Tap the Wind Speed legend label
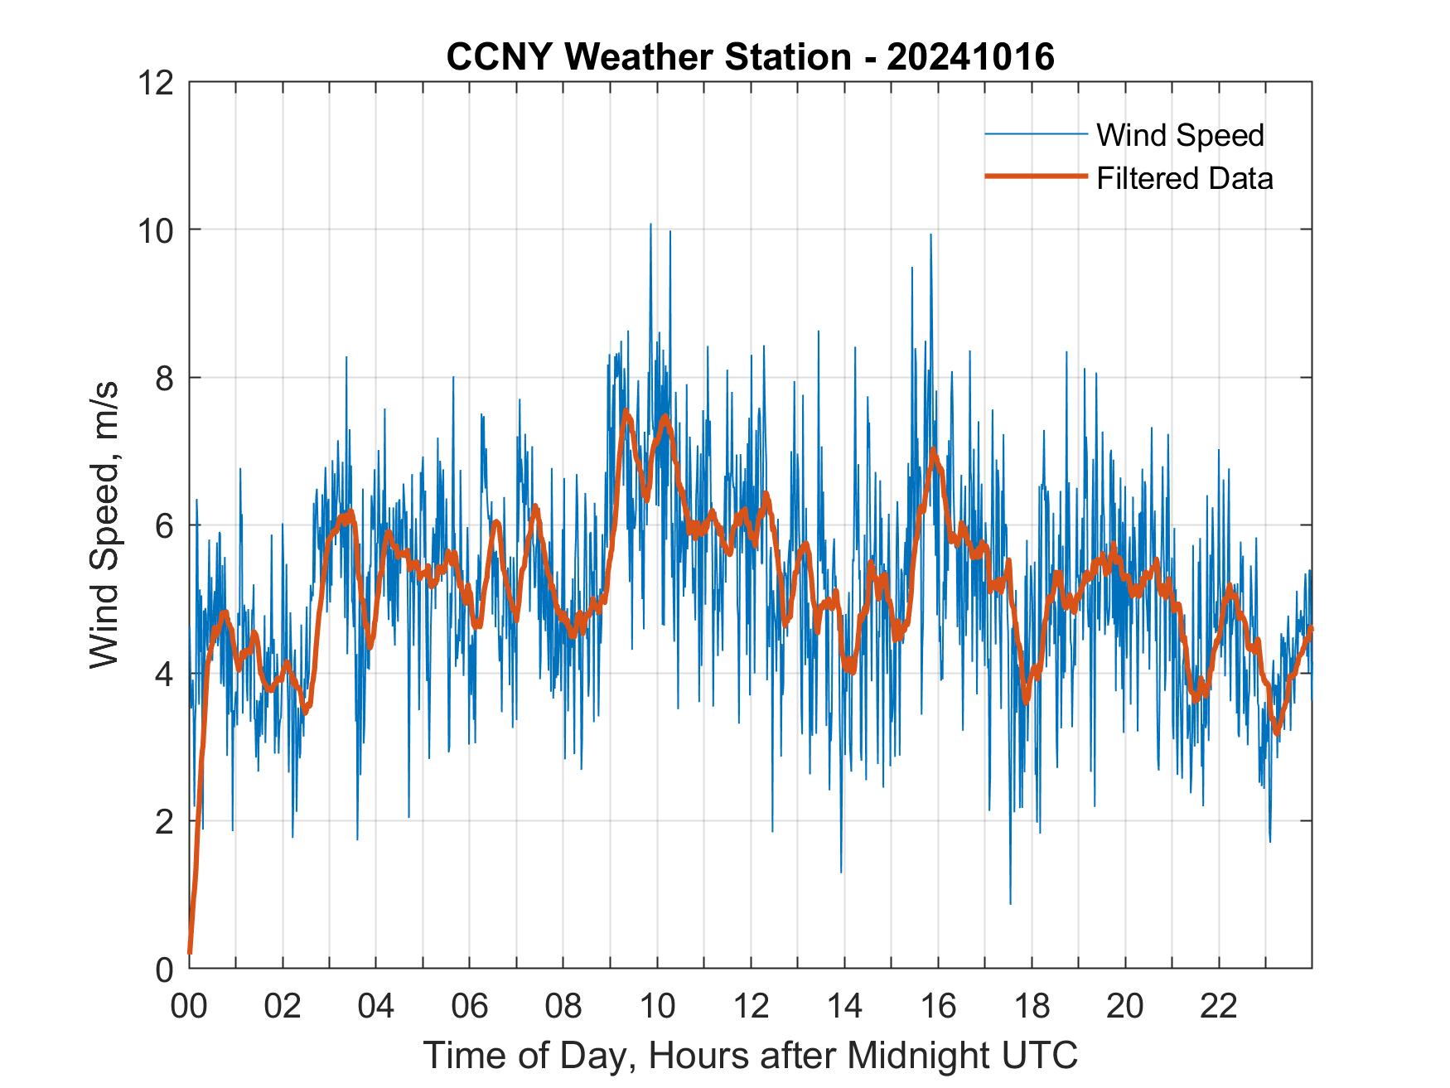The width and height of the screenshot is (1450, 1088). click(1180, 135)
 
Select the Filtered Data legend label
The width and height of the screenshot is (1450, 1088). click(1184, 178)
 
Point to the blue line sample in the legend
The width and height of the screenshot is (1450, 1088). click(1035, 134)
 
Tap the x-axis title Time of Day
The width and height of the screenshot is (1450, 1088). click(750, 1056)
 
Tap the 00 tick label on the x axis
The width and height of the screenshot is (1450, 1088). click(189, 1006)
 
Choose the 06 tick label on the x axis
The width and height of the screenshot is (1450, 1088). click(470, 1006)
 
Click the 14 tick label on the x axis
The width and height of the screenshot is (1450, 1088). click(844, 1006)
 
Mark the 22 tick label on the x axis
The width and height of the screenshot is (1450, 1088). click(1219, 1006)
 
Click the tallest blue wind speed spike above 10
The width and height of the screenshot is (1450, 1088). click(650, 225)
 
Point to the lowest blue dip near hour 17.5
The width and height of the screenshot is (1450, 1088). click(1010, 902)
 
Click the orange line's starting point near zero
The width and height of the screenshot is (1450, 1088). click(191, 953)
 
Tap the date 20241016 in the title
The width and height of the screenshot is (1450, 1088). click(970, 57)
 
